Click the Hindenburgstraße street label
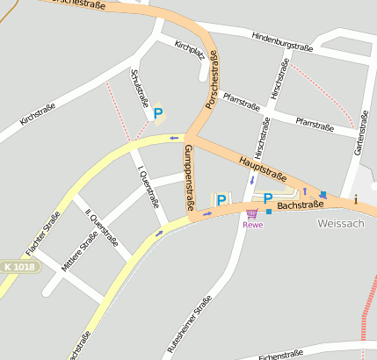(x=283, y=40)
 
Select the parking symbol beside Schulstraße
(x=158, y=113)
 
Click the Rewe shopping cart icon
(x=252, y=213)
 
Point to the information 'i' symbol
(x=356, y=199)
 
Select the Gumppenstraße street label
(x=187, y=178)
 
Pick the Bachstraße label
(x=301, y=205)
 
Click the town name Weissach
(x=339, y=224)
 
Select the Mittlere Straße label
(x=80, y=251)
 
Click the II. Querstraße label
(x=101, y=227)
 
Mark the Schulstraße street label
(x=140, y=89)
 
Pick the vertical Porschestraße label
(x=213, y=80)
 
